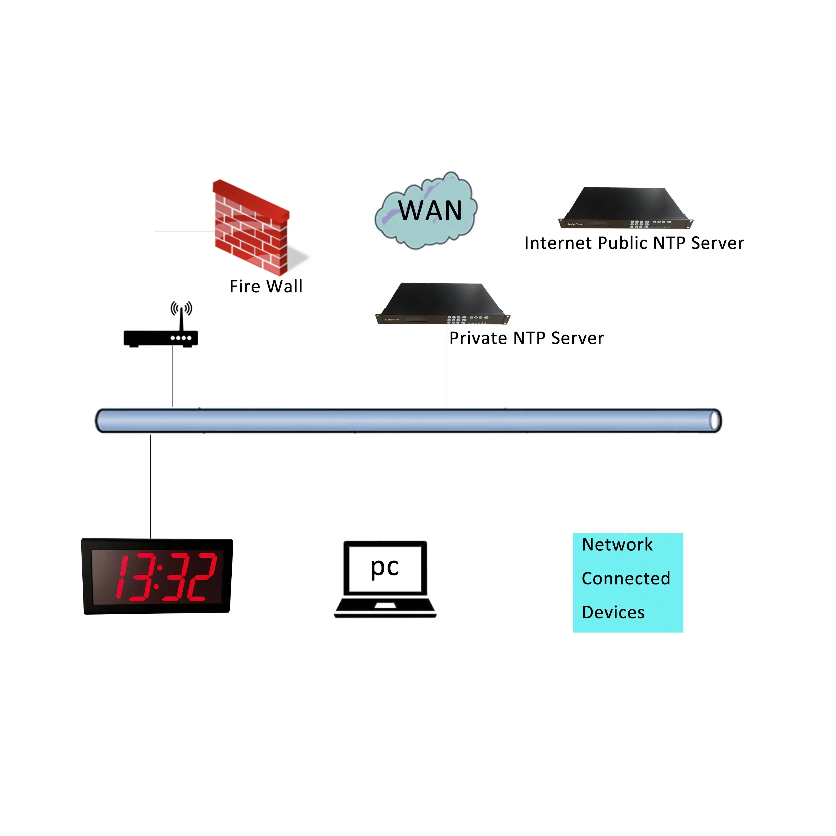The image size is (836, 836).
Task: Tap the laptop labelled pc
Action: tap(385, 579)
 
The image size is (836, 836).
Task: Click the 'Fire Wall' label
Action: tap(266, 286)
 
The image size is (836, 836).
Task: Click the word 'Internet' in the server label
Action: tap(558, 243)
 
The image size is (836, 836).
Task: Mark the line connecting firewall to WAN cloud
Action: tap(331, 227)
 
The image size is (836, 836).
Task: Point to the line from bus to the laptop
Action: tap(376, 487)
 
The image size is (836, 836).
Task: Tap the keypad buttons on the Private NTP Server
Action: tap(456, 320)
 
